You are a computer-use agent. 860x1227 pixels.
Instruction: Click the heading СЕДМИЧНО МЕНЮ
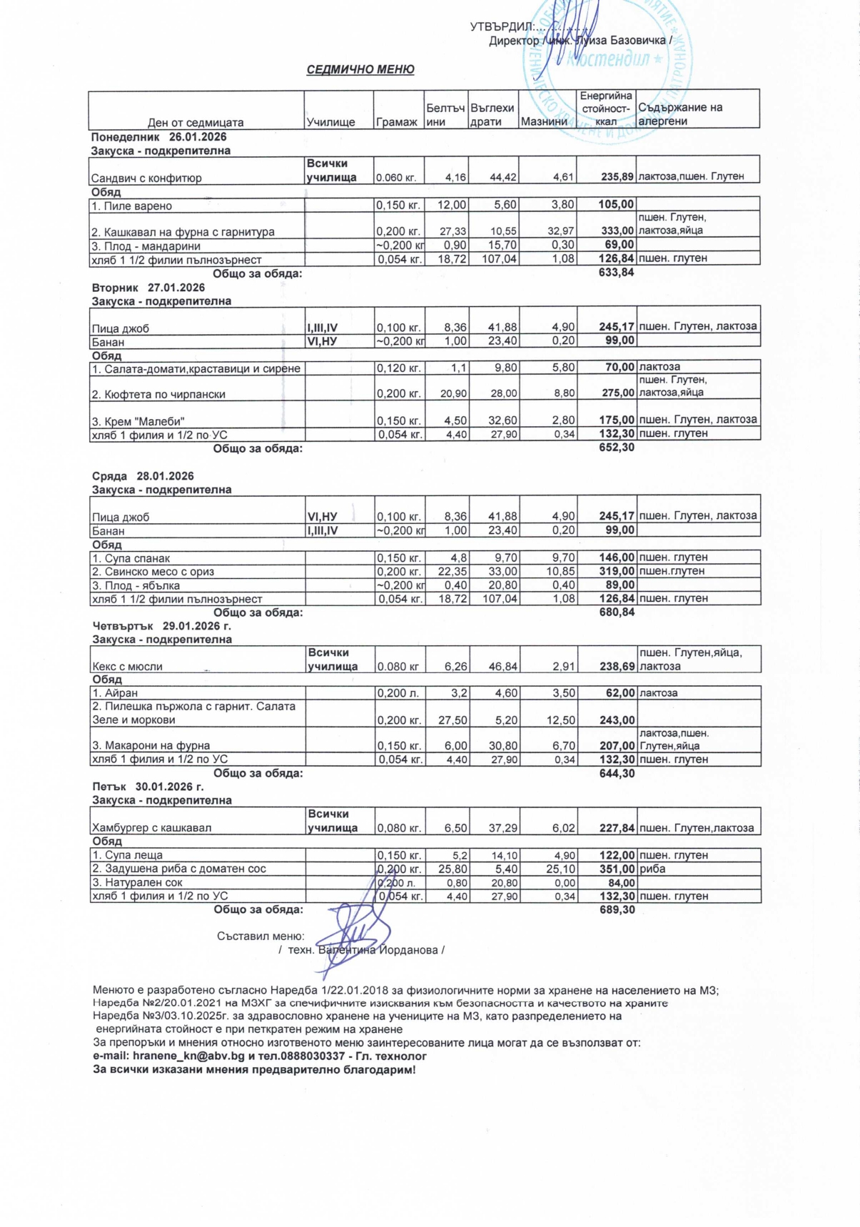coord(360,69)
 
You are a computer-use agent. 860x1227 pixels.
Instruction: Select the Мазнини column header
coord(544,122)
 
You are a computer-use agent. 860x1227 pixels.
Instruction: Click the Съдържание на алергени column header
coord(680,114)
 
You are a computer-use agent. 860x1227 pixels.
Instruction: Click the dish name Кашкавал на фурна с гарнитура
coord(183,232)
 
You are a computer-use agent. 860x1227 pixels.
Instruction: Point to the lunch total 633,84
coord(617,272)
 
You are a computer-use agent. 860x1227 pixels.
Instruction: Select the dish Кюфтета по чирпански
coord(158,394)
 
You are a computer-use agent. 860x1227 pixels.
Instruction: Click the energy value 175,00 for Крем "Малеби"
coord(617,420)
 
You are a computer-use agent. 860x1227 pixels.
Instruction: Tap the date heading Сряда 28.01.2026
coord(143,476)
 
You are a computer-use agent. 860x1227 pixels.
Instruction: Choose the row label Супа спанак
coord(131,558)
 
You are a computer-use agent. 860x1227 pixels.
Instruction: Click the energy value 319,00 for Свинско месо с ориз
coord(617,571)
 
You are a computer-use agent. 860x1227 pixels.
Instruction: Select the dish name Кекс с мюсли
coord(128,666)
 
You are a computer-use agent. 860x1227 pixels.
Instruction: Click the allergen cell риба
coord(653,869)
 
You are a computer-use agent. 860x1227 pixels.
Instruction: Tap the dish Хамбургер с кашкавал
coord(151,828)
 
